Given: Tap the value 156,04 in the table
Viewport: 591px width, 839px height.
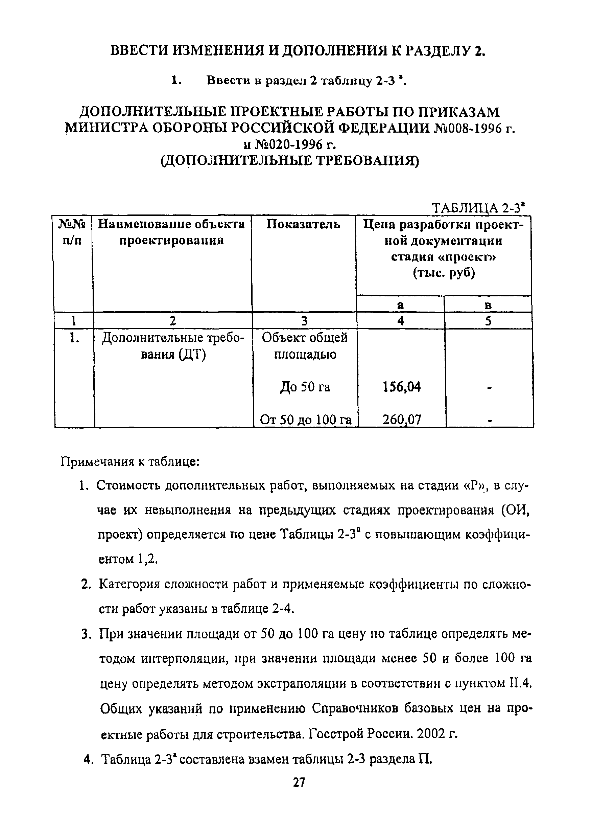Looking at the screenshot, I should pos(401,387).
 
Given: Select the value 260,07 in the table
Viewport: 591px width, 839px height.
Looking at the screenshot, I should pos(401,419).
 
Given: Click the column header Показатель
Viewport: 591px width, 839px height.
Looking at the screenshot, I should pos(303,224).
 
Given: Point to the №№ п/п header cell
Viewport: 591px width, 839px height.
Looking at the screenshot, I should pos(72,232).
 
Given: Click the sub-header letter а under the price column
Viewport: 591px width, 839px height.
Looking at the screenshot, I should pos(400,305).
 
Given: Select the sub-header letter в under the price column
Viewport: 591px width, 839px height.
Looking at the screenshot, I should pos(488,305).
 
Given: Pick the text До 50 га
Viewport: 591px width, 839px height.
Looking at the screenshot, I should pos(305,387).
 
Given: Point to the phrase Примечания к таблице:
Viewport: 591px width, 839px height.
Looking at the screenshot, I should pos(130,461).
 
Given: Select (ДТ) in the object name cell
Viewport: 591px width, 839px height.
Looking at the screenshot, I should pos(192,354).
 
